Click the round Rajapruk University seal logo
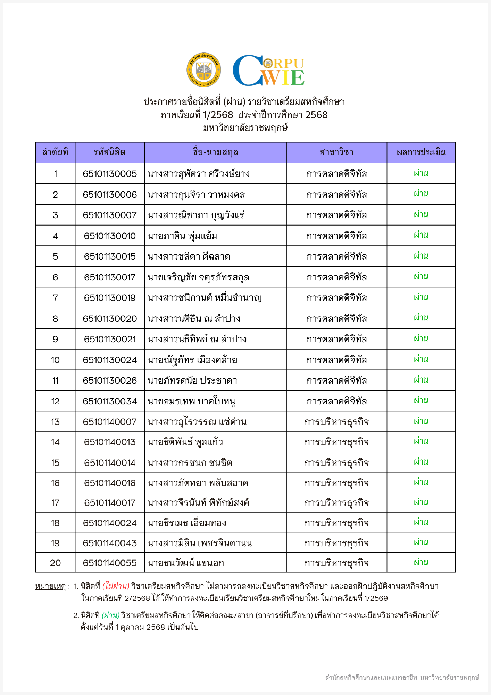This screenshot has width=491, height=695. coord(203,70)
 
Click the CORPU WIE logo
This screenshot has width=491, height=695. coord(268,71)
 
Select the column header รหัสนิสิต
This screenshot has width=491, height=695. coord(110,152)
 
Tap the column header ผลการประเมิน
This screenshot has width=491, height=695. coord(421,152)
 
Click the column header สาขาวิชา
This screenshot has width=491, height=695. coord(336,152)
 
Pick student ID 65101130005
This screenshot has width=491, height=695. coord(110,174)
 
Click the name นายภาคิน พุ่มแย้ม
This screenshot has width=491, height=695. coord(182,236)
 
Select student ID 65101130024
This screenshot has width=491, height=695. coord(110,360)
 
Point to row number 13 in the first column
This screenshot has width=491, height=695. coord(55,422)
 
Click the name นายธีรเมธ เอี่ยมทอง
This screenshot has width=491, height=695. coord(187,523)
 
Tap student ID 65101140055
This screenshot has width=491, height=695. coord(110,563)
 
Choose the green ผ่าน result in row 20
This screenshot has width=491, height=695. coord(421,562)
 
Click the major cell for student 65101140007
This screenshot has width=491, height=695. coord(336,422)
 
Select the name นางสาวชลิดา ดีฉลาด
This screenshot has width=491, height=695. coord(189,256)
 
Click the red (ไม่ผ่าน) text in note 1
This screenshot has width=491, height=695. coord(116,586)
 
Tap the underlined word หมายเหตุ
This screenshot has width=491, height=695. coord(51,586)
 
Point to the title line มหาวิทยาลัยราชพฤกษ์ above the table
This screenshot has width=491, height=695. coord(245,128)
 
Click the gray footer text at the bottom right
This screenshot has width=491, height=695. coord(402,677)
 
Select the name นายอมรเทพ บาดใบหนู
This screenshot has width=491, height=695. coord(191,401)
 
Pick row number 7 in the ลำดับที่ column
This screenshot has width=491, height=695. coord(55,298)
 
